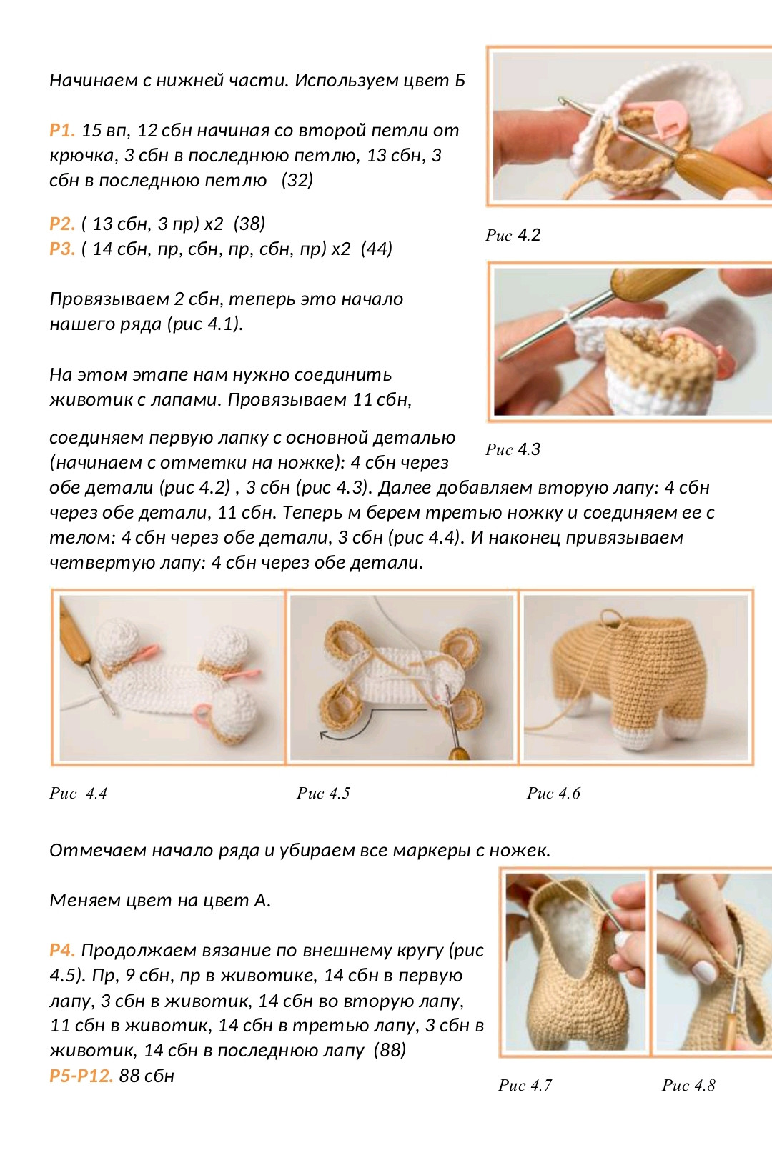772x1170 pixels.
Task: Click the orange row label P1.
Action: click(x=62, y=130)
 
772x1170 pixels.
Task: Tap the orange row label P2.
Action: click(x=62, y=224)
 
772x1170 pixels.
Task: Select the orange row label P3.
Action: click(x=62, y=249)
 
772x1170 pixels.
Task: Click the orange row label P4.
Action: click(x=62, y=950)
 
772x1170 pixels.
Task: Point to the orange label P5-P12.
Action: click(x=81, y=1076)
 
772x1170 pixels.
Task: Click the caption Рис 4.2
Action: click(x=513, y=235)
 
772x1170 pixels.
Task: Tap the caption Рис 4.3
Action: click(x=513, y=449)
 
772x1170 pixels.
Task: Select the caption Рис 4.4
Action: click(x=79, y=794)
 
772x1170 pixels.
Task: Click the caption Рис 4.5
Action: click(x=323, y=794)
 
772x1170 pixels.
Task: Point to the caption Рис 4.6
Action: click(x=553, y=794)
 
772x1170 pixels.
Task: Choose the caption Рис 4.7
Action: click(x=525, y=1086)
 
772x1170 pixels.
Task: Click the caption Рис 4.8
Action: click(x=688, y=1086)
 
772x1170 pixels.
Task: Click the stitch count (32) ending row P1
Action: click(x=297, y=180)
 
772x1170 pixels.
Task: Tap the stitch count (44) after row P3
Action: click(x=376, y=249)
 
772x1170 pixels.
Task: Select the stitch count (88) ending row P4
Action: click(x=390, y=1051)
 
